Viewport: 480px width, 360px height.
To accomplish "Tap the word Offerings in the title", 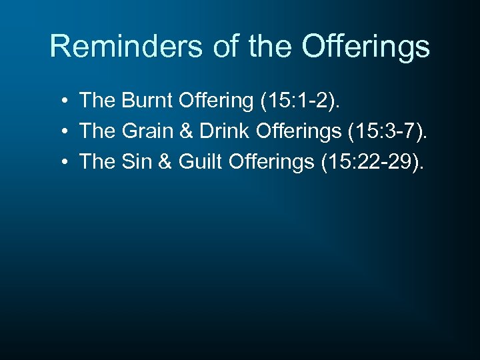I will coord(365,47).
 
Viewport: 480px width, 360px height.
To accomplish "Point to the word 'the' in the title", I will coord(272,47).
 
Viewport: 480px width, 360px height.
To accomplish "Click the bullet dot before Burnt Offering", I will coord(61,102).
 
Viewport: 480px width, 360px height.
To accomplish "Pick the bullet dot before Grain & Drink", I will coord(61,132).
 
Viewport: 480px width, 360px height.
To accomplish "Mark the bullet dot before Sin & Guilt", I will coord(61,162).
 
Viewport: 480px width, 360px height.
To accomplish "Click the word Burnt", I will coord(147,101).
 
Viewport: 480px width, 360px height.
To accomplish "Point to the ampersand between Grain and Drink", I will coord(183,131).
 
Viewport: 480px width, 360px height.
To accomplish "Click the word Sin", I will coord(137,161).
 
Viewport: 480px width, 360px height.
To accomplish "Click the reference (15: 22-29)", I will coord(371,161).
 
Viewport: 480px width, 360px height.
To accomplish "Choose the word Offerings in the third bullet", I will coord(270,161).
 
